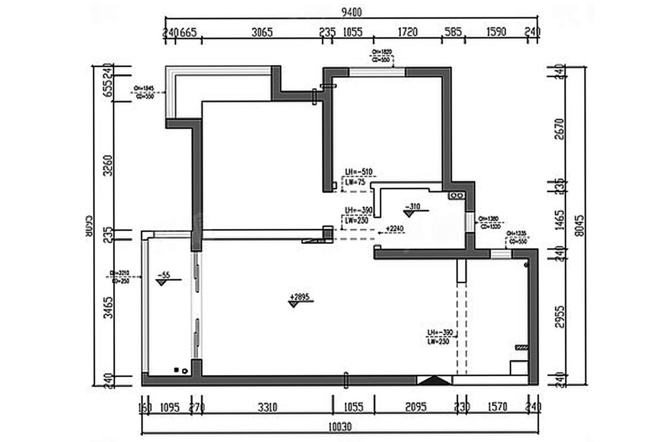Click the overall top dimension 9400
point(351,12)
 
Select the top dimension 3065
point(262,32)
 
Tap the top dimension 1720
point(408,32)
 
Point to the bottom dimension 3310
point(267,407)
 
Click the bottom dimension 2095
point(415,407)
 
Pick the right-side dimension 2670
point(559,129)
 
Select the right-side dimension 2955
point(559,316)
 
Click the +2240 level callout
point(394,229)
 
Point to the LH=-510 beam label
point(358,172)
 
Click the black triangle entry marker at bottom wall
point(434,380)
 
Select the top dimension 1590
point(496,32)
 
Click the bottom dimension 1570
point(497,407)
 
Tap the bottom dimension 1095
point(169,407)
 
